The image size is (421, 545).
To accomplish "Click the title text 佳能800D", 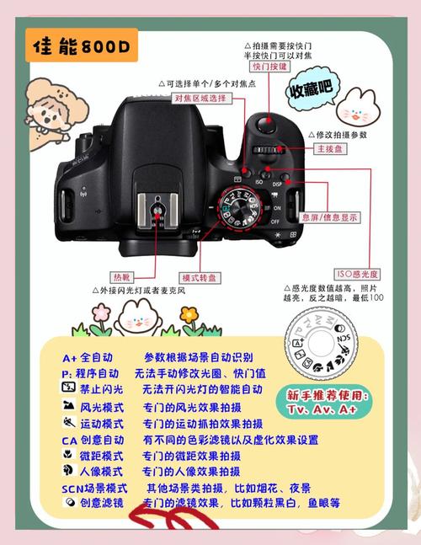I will (x=81, y=49).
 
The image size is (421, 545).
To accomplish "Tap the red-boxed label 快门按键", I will (x=269, y=67).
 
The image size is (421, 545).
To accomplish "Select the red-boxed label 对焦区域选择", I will (x=200, y=99).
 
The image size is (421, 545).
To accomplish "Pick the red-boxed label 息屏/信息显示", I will (x=335, y=216).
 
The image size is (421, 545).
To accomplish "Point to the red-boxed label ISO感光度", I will (x=356, y=274).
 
